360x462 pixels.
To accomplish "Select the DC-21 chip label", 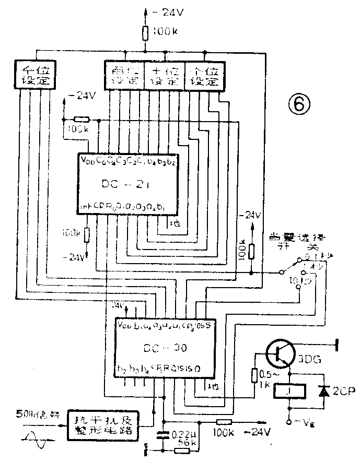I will coord(129,184).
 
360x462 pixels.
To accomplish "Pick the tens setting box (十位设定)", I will coord(164,75).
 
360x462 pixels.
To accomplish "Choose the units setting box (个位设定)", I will coord(204,75).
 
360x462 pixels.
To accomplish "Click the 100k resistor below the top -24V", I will coord(146,33).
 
